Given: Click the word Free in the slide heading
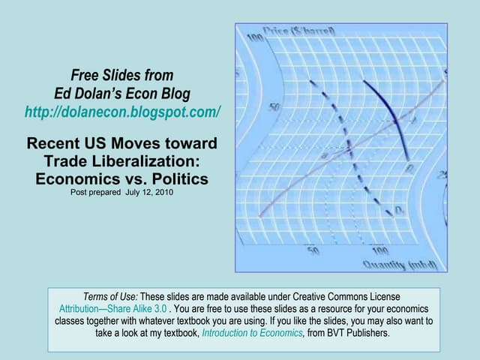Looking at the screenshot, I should click(85, 75).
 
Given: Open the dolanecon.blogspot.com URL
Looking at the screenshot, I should click(122, 112).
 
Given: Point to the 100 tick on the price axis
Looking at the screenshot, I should click(255, 37).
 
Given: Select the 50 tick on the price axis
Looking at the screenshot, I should click(275, 107).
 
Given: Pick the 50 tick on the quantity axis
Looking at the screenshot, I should click(313, 250).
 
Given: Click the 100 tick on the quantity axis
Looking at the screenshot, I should click(379, 250).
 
